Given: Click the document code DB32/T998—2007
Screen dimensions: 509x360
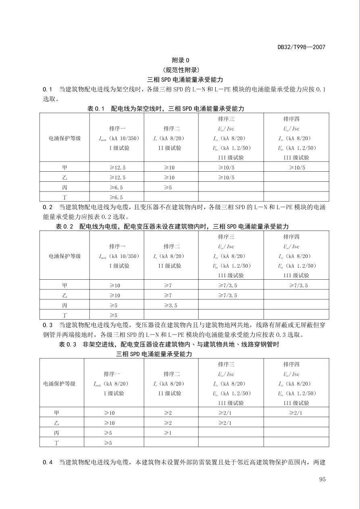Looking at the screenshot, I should click(301, 47).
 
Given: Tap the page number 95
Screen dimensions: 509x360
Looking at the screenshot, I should click(322, 479).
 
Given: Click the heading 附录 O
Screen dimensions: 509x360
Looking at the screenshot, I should click(180, 60).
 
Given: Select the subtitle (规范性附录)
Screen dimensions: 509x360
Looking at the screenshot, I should click(180, 70).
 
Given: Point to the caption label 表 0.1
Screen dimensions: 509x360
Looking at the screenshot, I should click(96, 109).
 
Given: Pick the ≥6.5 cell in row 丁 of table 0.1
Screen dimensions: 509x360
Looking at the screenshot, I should click(116, 197).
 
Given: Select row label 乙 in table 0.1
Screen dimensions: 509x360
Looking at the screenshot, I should click(65, 178).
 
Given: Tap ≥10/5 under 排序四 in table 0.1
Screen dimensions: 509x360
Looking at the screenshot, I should click(297, 168).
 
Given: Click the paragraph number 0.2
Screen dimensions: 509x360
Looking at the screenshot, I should click(48, 207).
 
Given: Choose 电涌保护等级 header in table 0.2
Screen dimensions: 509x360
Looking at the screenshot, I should click(65, 256).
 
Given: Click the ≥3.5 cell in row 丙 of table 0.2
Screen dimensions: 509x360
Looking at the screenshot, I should click(171, 305).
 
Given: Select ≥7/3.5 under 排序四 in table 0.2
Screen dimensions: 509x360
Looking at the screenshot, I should click(298, 286).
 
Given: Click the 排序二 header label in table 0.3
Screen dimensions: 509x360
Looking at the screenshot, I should click(171, 374).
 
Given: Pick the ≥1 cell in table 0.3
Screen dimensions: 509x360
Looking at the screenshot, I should click(168, 433).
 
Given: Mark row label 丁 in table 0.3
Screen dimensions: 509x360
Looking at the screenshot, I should click(57, 443).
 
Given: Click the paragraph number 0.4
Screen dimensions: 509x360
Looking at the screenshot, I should click(48, 462).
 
